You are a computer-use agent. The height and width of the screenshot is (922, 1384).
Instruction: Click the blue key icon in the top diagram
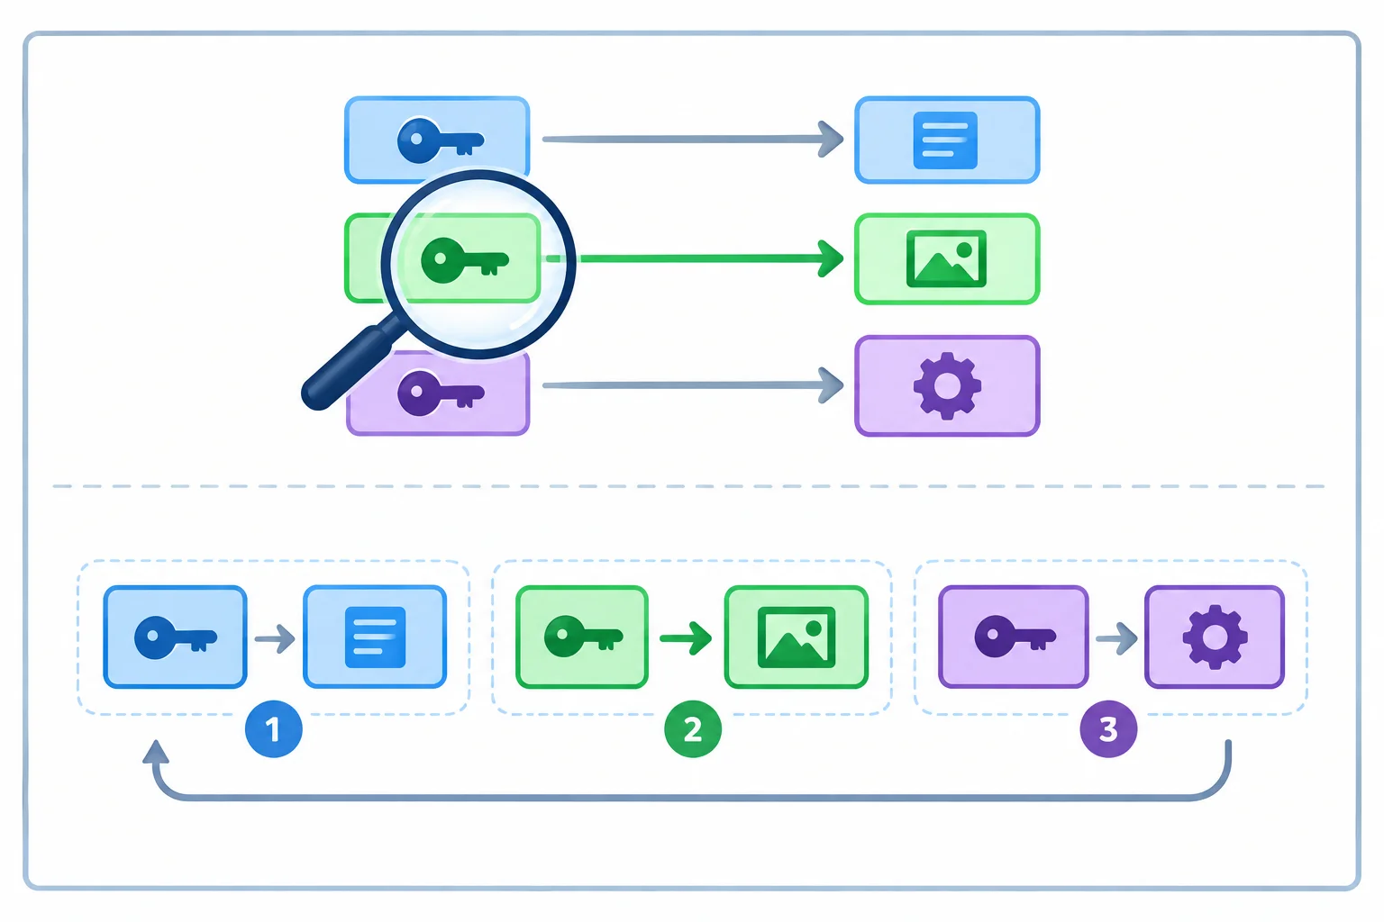[440, 140]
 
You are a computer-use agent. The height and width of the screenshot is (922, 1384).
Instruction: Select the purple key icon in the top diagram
[440, 393]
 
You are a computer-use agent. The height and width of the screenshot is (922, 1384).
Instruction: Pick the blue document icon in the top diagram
[945, 140]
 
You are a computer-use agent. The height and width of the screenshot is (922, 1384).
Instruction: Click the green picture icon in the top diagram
[946, 258]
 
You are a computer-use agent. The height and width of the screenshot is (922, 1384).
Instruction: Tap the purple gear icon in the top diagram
[947, 386]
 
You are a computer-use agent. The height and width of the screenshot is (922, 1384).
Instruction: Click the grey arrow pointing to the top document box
[693, 140]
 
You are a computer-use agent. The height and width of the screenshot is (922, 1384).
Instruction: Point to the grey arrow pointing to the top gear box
[693, 385]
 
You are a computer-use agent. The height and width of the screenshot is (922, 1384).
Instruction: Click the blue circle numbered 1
[274, 728]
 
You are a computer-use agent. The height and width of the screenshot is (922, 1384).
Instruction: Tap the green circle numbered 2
[693, 728]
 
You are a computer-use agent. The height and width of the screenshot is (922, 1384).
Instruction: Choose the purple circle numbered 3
[1108, 728]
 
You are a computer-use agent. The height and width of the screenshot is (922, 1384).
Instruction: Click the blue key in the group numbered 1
[176, 637]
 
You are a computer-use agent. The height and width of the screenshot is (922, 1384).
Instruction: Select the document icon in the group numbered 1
[375, 637]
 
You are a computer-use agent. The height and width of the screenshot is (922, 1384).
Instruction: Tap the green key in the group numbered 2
[583, 636]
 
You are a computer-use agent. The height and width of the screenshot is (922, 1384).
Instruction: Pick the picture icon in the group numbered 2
[797, 637]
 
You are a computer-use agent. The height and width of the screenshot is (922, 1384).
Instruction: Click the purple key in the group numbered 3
[1015, 636]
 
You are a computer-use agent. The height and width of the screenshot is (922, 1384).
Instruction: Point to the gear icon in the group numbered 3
[1215, 637]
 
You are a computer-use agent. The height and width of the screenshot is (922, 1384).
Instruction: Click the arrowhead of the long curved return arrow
[156, 752]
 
